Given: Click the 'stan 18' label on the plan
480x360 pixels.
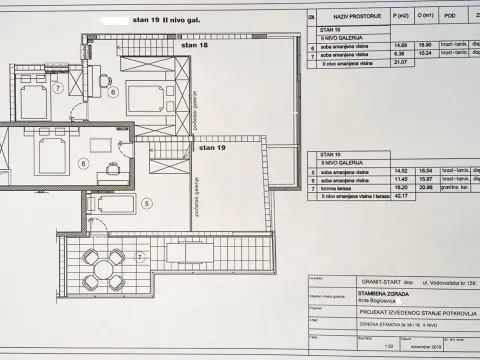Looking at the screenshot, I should coord(196,46).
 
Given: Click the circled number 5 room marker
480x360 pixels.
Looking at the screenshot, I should coord(146,203).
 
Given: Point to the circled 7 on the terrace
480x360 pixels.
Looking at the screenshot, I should coord(141,257).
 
